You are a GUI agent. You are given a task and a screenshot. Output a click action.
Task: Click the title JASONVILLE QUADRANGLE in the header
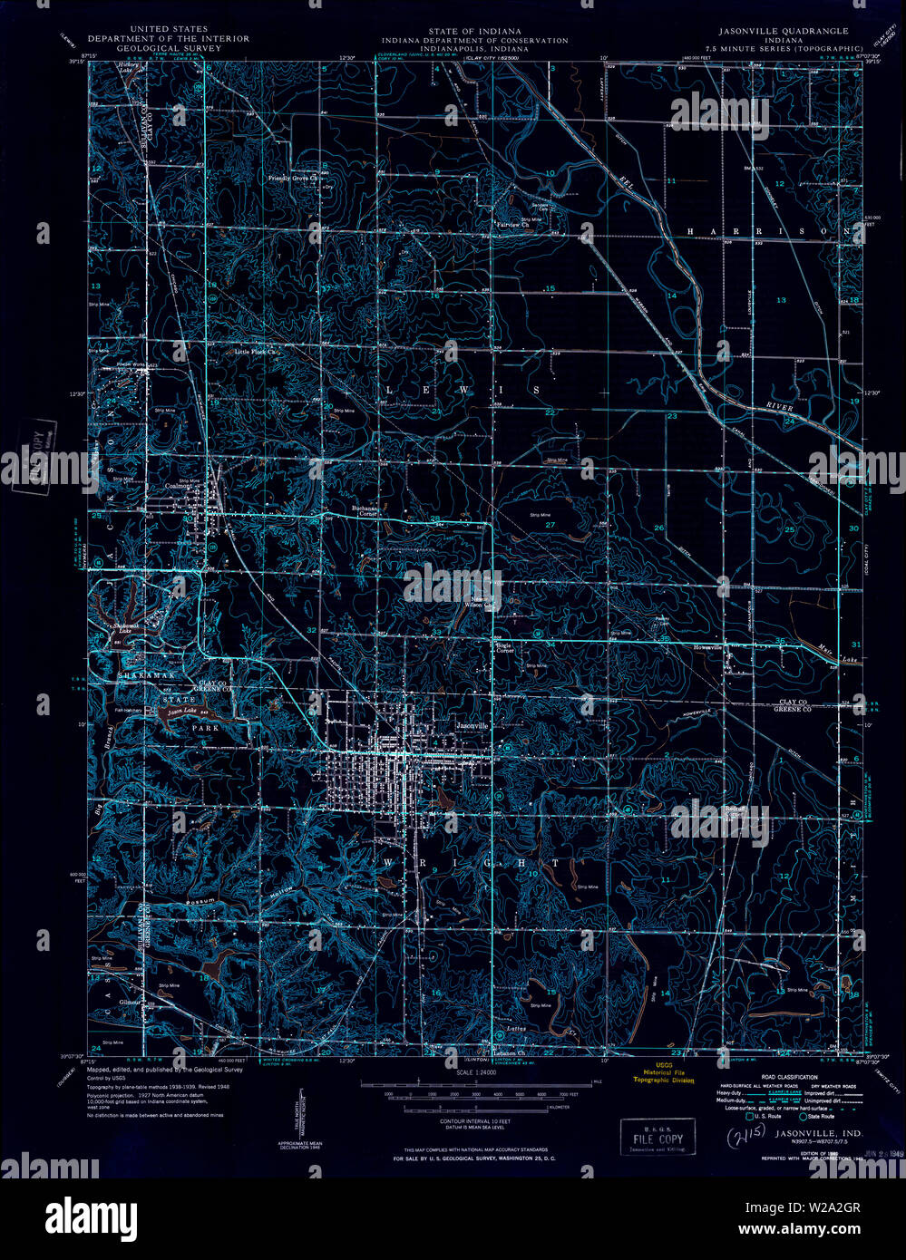coord(777,31)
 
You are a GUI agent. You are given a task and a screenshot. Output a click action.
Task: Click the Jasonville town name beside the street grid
coord(472,726)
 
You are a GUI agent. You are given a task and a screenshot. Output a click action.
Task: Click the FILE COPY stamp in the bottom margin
coord(658,1138)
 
